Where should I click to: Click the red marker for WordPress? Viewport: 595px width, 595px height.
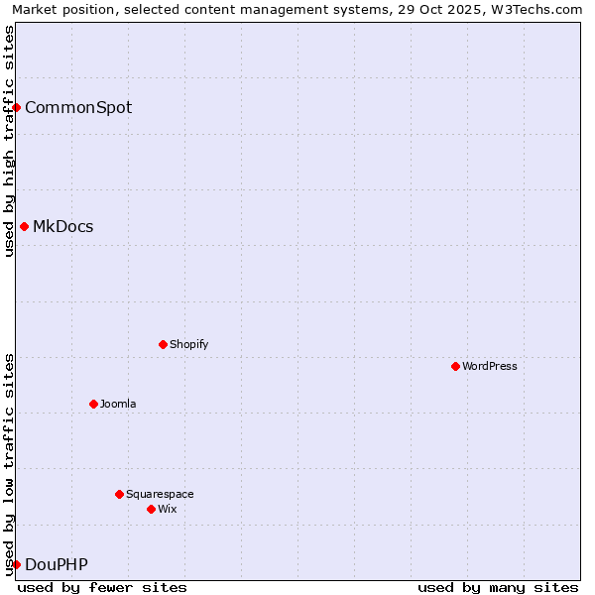pos(455,366)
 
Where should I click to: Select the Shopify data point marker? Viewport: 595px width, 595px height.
pos(163,344)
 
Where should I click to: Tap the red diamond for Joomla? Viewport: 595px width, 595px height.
pos(93,404)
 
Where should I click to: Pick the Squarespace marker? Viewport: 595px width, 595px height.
pos(119,494)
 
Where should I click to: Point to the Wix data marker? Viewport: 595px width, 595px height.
pos(151,509)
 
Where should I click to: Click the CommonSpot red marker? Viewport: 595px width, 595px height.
pos(17,107)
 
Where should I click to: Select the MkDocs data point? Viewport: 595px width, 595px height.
pos(24,226)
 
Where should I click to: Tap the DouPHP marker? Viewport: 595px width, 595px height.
pos(17,564)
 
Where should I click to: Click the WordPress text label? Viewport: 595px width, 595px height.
pos(490,366)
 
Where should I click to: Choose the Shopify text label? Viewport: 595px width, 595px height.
pos(188,344)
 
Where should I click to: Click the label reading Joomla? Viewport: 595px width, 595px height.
pos(118,404)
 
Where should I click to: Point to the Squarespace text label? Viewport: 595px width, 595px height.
pos(160,494)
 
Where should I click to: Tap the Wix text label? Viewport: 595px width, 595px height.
pos(167,509)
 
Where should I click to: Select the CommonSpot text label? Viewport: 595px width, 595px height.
pos(78,107)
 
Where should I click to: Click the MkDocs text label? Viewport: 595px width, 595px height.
pos(63,226)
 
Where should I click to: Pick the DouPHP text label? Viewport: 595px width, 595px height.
pos(57,564)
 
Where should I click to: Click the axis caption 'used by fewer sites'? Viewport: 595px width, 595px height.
pos(102,587)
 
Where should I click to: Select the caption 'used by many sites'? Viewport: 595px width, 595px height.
pos(498,587)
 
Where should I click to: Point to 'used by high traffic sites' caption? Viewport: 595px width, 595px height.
pos(10,141)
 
